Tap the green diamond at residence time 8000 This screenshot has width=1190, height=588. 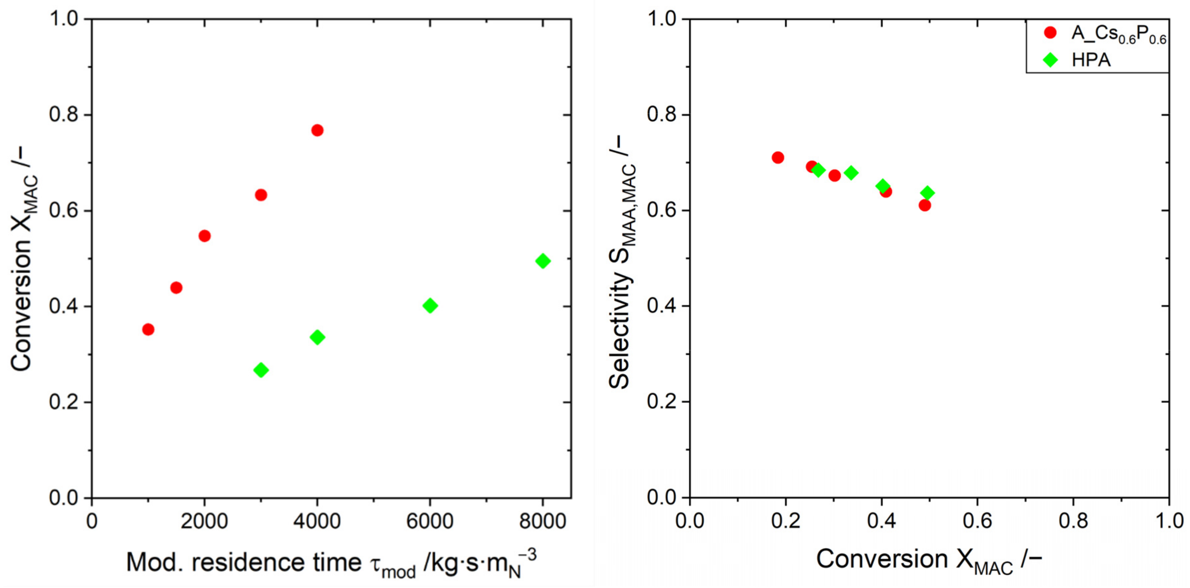[x=543, y=261]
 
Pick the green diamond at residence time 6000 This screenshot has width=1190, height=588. [x=430, y=305]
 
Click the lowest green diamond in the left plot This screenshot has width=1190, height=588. [x=261, y=370]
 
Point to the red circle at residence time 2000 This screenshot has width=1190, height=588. [x=204, y=236]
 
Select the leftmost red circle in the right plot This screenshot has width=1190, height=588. [x=778, y=157]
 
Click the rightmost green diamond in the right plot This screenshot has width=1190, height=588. [x=927, y=193]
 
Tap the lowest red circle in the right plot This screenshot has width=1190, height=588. [x=924, y=205]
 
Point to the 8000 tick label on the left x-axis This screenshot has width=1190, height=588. [x=542, y=521]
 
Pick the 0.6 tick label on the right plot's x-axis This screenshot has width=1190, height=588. [x=977, y=521]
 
